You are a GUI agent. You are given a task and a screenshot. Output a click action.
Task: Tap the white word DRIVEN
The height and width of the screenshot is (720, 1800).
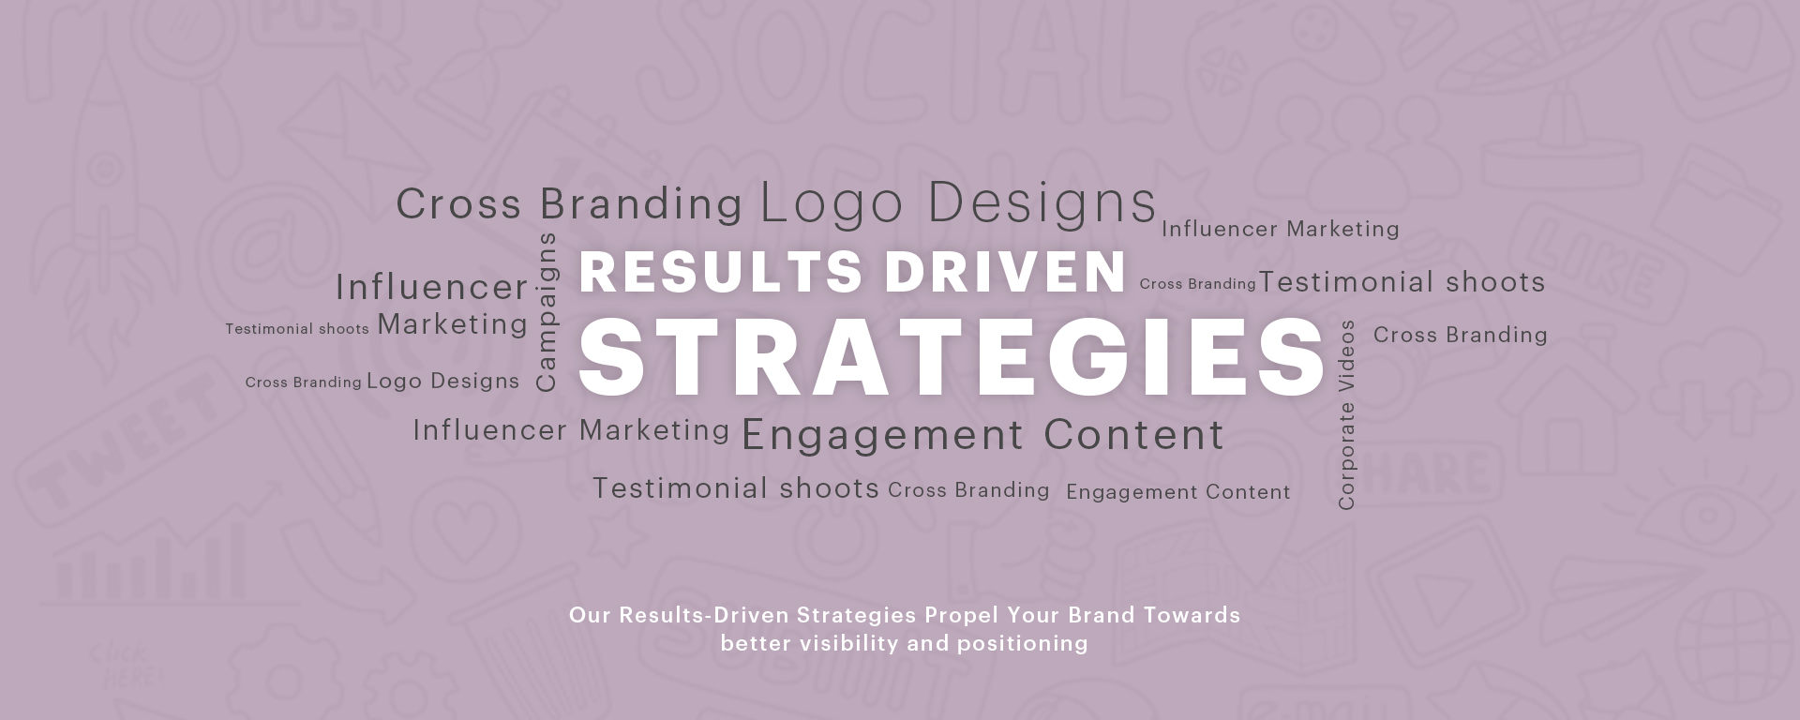(1005, 271)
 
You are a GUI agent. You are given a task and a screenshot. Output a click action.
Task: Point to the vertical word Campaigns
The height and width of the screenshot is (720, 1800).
(546, 311)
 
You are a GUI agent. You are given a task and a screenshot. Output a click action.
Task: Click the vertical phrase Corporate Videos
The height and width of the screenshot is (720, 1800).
(1347, 414)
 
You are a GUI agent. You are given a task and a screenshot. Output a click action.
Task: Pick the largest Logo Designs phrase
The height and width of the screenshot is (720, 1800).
(958, 202)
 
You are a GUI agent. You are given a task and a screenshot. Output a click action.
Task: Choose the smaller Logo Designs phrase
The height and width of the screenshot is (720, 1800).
(442, 381)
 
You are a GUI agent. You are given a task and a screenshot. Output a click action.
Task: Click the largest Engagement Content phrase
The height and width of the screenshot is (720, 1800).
(982, 435)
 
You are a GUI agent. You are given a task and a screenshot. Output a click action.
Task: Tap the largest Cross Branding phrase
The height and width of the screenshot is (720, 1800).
(569, 203)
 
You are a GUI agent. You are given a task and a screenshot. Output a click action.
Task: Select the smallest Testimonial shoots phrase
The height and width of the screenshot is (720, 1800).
(297, 329)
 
